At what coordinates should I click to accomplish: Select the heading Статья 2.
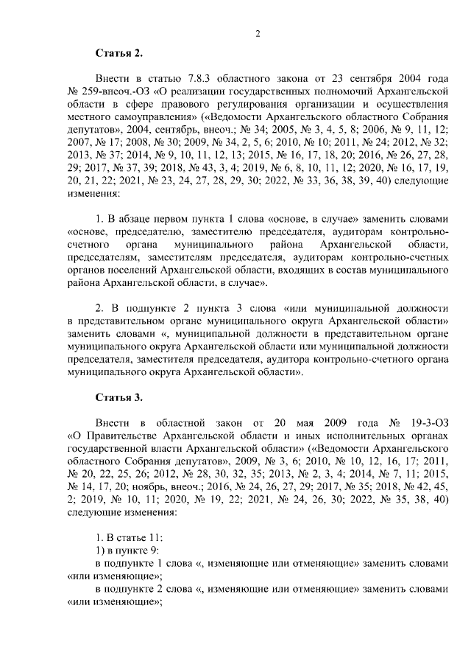click(x=118, y=54)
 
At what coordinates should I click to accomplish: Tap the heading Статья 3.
click(x=118, y=397)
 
